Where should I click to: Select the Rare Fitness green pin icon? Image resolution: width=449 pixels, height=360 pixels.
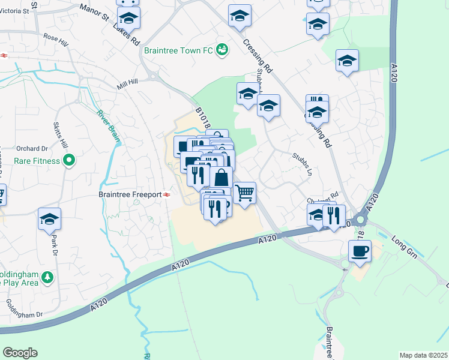coord(69,160)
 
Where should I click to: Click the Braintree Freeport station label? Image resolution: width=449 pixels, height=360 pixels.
coord(130,194)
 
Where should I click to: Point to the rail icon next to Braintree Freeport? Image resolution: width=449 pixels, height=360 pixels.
coord(166,194)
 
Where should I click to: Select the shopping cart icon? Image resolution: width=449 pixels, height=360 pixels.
coord(245,193)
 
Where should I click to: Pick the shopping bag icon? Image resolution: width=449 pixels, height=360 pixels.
coord(221,178)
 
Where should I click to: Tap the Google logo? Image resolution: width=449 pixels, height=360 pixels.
coord(20,353)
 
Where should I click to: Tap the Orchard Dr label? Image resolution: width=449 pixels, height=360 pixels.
coord(32,148)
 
